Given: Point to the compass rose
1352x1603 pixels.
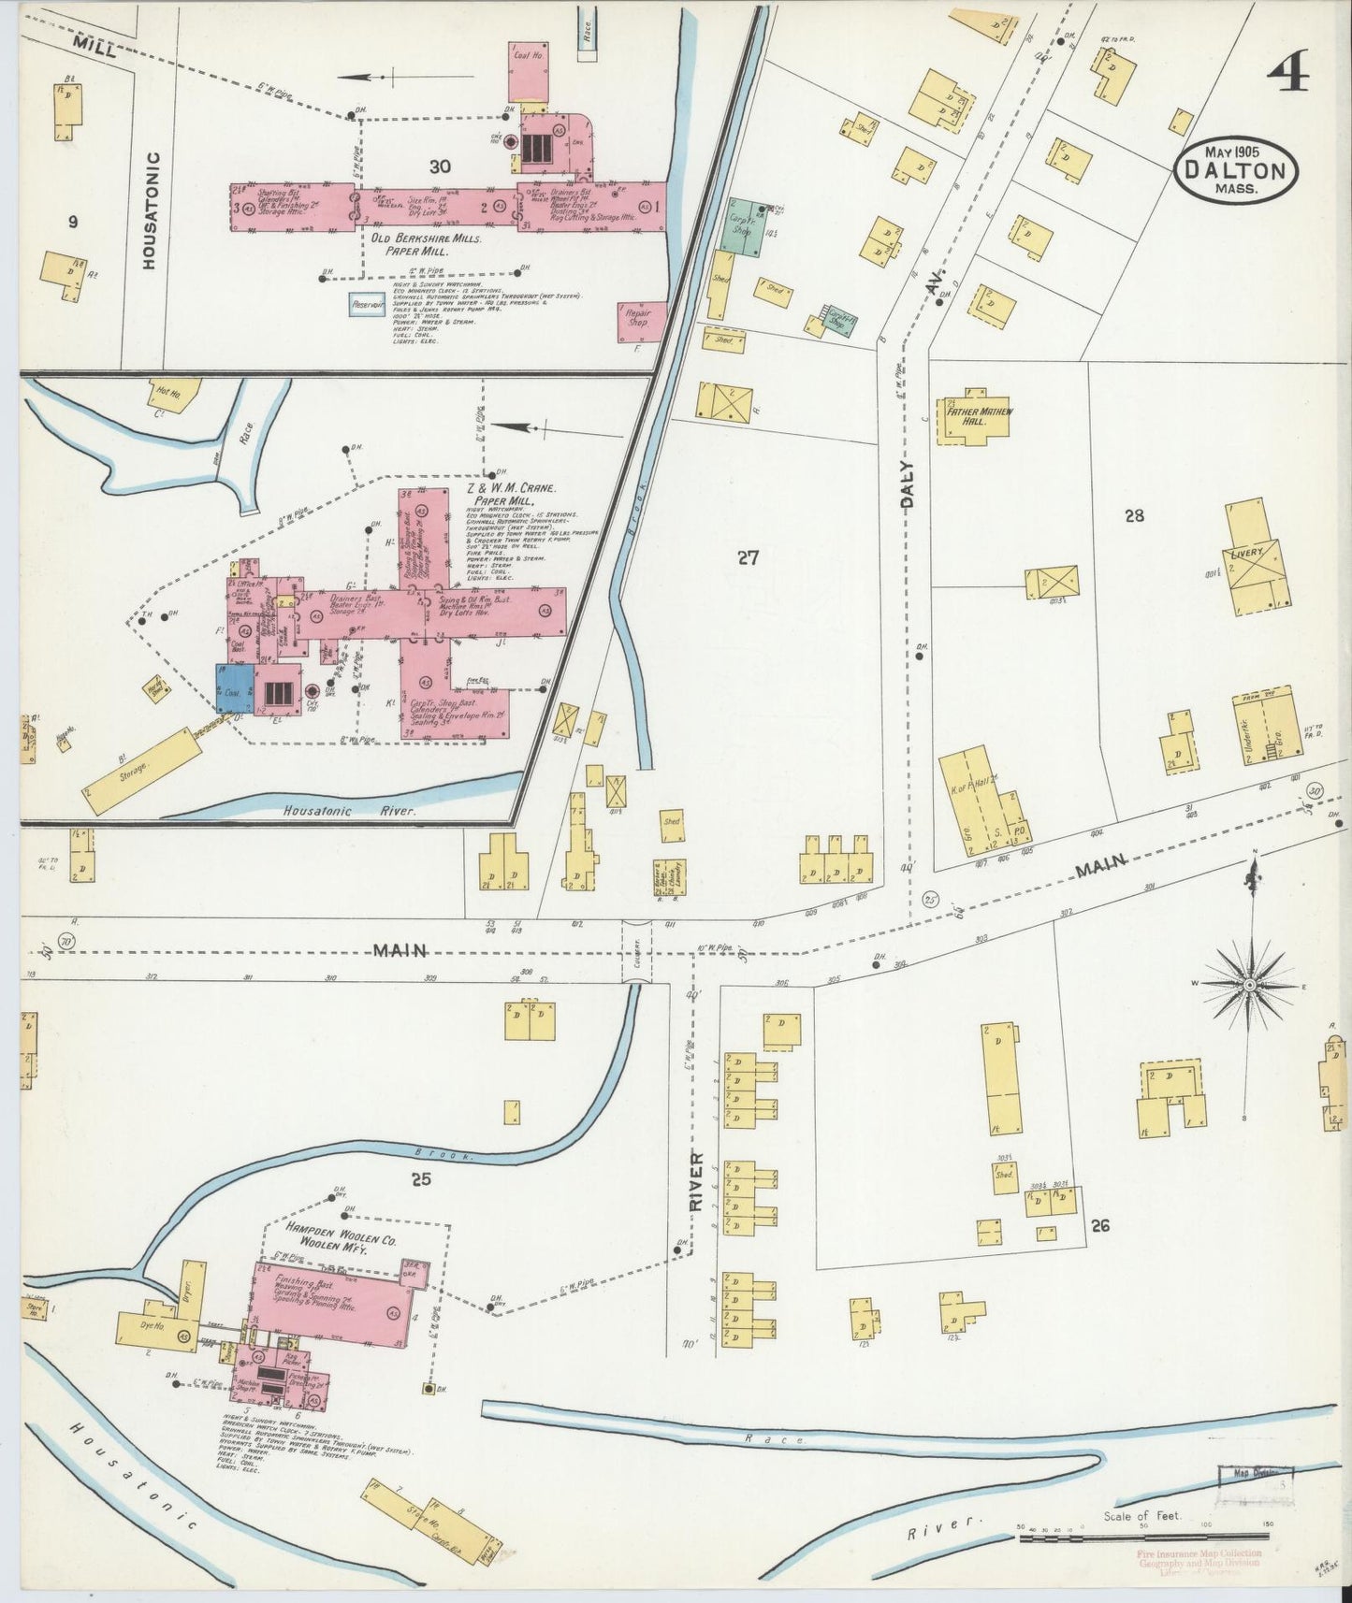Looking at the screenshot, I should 1250,985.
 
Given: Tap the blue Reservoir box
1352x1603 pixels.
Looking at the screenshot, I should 367,304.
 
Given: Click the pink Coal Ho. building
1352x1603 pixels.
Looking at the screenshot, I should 529,71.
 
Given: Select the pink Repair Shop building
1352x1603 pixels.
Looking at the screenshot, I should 642,320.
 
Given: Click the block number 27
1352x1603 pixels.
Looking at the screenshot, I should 747,558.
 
